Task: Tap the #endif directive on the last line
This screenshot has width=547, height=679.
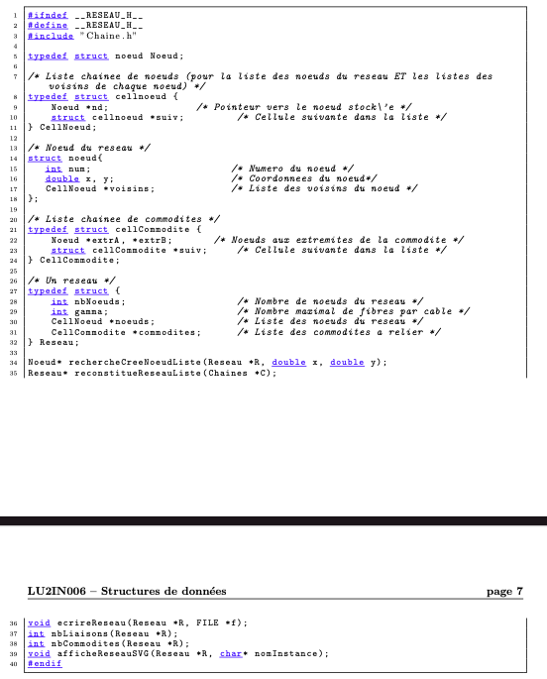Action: [x=44, y=663]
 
